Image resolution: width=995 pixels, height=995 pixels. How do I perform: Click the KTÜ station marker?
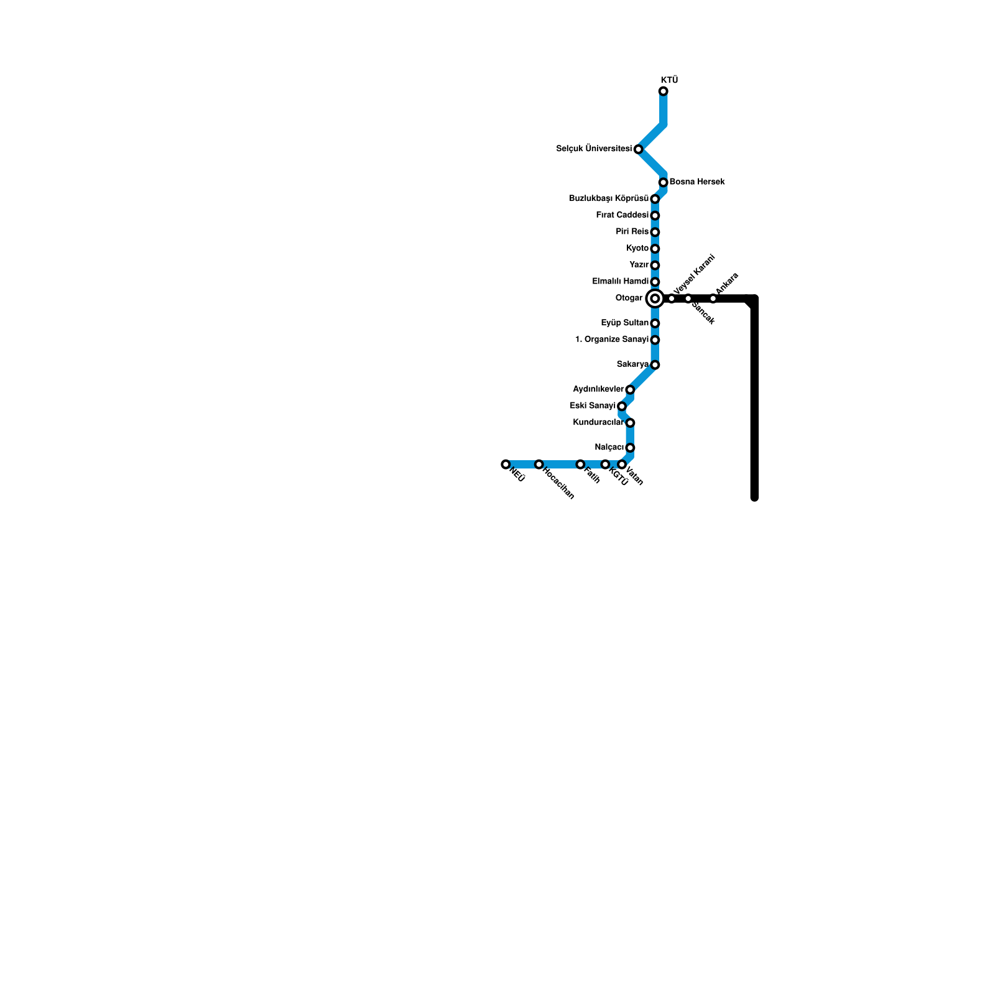(x=664, y=91)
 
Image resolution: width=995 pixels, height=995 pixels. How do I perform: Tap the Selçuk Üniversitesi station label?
(x=593, y=149)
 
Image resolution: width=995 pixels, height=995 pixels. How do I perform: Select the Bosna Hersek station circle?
(x=664, y=182)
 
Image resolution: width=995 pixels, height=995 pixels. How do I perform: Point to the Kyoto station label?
(x=637, y=248)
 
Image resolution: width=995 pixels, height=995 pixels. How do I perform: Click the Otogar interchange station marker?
(x=655, y=298)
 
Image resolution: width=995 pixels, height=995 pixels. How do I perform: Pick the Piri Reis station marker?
(x=655, y=232)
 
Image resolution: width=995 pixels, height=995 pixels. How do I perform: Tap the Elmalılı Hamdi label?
(x=620, y=281)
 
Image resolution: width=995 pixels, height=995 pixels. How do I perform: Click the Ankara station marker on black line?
(x=713, y=298)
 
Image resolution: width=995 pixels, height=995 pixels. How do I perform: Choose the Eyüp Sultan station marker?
(x=655, y=323)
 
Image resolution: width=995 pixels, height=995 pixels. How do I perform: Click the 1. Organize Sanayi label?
(x=611, y=340)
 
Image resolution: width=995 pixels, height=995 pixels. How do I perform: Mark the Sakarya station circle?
(x=655, y=365)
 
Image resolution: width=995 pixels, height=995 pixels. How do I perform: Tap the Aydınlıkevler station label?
(x=598, y=389)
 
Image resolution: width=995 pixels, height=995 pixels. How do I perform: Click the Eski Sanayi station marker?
(x=622, y=406)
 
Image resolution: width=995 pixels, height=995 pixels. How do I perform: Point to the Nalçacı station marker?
(x=630, y=448)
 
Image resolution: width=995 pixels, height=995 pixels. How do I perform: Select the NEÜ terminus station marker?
(x=506, y=465)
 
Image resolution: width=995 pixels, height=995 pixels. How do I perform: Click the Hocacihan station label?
(x=558, y=483)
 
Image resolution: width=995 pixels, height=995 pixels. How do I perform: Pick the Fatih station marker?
(x=580, y=465)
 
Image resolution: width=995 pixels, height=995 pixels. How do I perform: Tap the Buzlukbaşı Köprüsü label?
(x=609, y=198)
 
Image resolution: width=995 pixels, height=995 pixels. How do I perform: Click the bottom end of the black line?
(x=754, y=497)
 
